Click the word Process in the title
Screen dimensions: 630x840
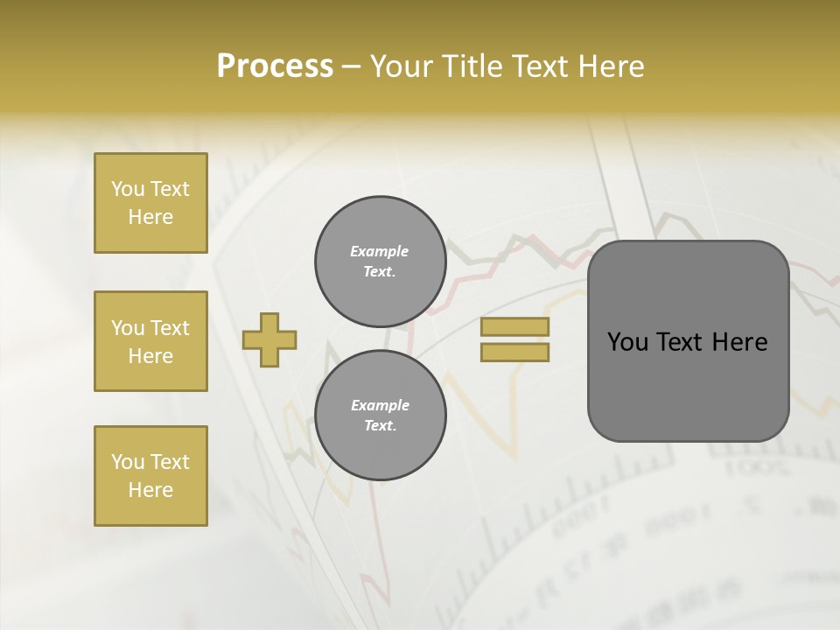pos(275,66)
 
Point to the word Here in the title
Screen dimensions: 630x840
pos(612,66)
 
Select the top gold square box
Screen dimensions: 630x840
pos(150,203)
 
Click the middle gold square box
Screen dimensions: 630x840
pos(150,341)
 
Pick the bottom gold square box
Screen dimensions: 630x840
pos(150,476)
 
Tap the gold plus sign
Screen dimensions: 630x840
pos(269,339)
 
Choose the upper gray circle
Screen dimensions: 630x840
pos(380,262)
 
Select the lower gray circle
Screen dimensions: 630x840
pos(380,416)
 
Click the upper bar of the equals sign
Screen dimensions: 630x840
pos(514,327)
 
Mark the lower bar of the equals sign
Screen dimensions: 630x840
pos(514,352)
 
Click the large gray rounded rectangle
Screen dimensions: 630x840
pos(688,341)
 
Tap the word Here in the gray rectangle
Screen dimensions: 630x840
pos(740,342)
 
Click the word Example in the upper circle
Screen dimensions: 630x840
pos(379,251)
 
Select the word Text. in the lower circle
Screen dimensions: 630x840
pos(380,426)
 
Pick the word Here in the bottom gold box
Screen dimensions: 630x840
pos(150,490)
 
